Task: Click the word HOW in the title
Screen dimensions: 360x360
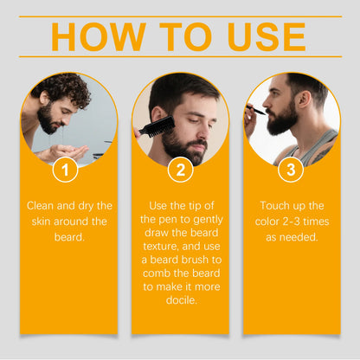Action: pos(93,37)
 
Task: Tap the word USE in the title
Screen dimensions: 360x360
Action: pos(266,37)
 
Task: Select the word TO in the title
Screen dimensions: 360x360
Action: pos(180,37)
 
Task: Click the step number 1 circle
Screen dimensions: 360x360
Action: pos(65,170)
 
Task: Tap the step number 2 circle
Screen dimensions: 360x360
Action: pos(180,170)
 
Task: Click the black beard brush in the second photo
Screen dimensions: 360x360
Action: pos(152,128)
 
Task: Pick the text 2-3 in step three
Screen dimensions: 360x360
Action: pos(295,222)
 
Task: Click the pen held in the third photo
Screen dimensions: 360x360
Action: pos(258,110)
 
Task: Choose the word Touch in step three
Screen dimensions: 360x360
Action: pos(277,206)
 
